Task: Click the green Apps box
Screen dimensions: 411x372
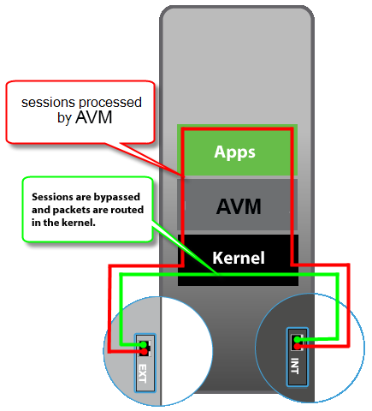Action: (x=237, y=152)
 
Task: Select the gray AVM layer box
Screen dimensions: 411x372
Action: (x=237, y=205)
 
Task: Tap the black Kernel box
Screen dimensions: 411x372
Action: (x=237, y=257)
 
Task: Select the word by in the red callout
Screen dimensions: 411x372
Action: (x=64, y=119)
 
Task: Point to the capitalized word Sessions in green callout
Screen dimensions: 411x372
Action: (x=51, y=194)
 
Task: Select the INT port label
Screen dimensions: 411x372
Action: (x=295, y=367)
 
